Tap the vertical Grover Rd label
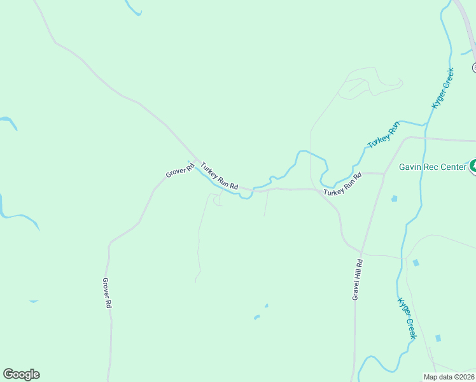pyautogui.click(x=107, y=294)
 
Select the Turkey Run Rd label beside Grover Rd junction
pyautogui.click(x=219, y=176)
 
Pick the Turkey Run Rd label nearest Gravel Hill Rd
pyautogui.click(x=342, y=184)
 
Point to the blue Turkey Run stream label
pyautogui.click(x=384, y=135)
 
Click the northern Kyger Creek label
pyautogui.click(x=443, y=88)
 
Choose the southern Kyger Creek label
pyautogui.click(x=407, y=318)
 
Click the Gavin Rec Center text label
pyautogui.click(x=433, y=167)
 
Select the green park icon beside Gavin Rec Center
pyautogui.click(x=473, y=167)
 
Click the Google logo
pyautogui.click(x=21, y=374)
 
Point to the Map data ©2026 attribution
pyautogui.click(x=449, y=377)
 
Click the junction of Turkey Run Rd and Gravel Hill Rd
pyautogui.click(x=384, y=173)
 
